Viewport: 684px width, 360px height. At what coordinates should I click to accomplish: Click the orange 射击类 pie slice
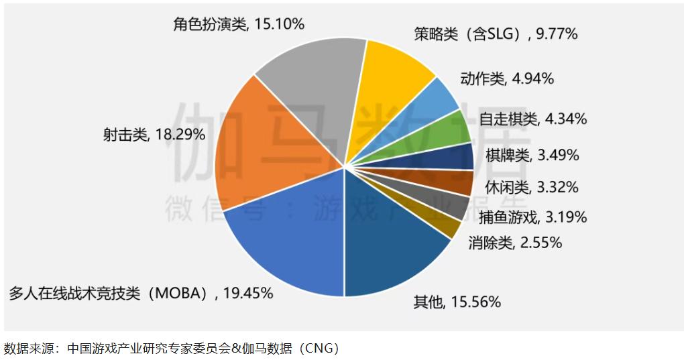pyautogui.click(x=268, y=147)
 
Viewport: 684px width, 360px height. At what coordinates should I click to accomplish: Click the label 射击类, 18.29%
pyautogui.click(x=154, y=135)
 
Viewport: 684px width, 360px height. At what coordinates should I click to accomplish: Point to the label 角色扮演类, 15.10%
pyautogui.click(x=239, y=24)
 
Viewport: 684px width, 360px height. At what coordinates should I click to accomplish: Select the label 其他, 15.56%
pyautogui.click(x=457, y=302)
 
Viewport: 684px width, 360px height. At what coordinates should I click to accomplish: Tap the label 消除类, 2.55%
pyautogui.click(x=515, y=243)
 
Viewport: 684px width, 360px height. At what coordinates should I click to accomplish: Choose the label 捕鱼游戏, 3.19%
pyautogui.click(x=533, y=217)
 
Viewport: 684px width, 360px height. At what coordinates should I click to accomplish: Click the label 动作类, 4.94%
pyautogui.click(x=507, y=78)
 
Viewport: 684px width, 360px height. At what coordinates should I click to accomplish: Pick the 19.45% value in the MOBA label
pyautogui.click(x=249, y=293)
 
